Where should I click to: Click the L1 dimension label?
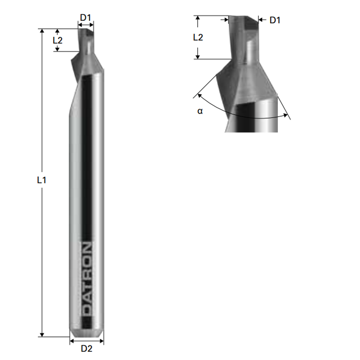(x=42, y=180)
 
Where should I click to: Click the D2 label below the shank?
(x=86, y=348)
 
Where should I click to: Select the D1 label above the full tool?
(x=86, y=17)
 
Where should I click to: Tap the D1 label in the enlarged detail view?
(x=275, y=21)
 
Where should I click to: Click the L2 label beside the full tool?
(x=58, y=40)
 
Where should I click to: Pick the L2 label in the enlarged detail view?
(x=198, y=37)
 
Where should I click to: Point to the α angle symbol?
(x=200, y=111)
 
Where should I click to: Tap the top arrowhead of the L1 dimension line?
(x=42, y=31)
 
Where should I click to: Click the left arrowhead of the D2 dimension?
(x=72, y=341)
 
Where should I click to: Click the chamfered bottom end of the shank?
(x=87, y=333)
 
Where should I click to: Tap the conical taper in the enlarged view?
(x=248, y=83)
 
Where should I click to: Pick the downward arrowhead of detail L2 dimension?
(x=198, y=57)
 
